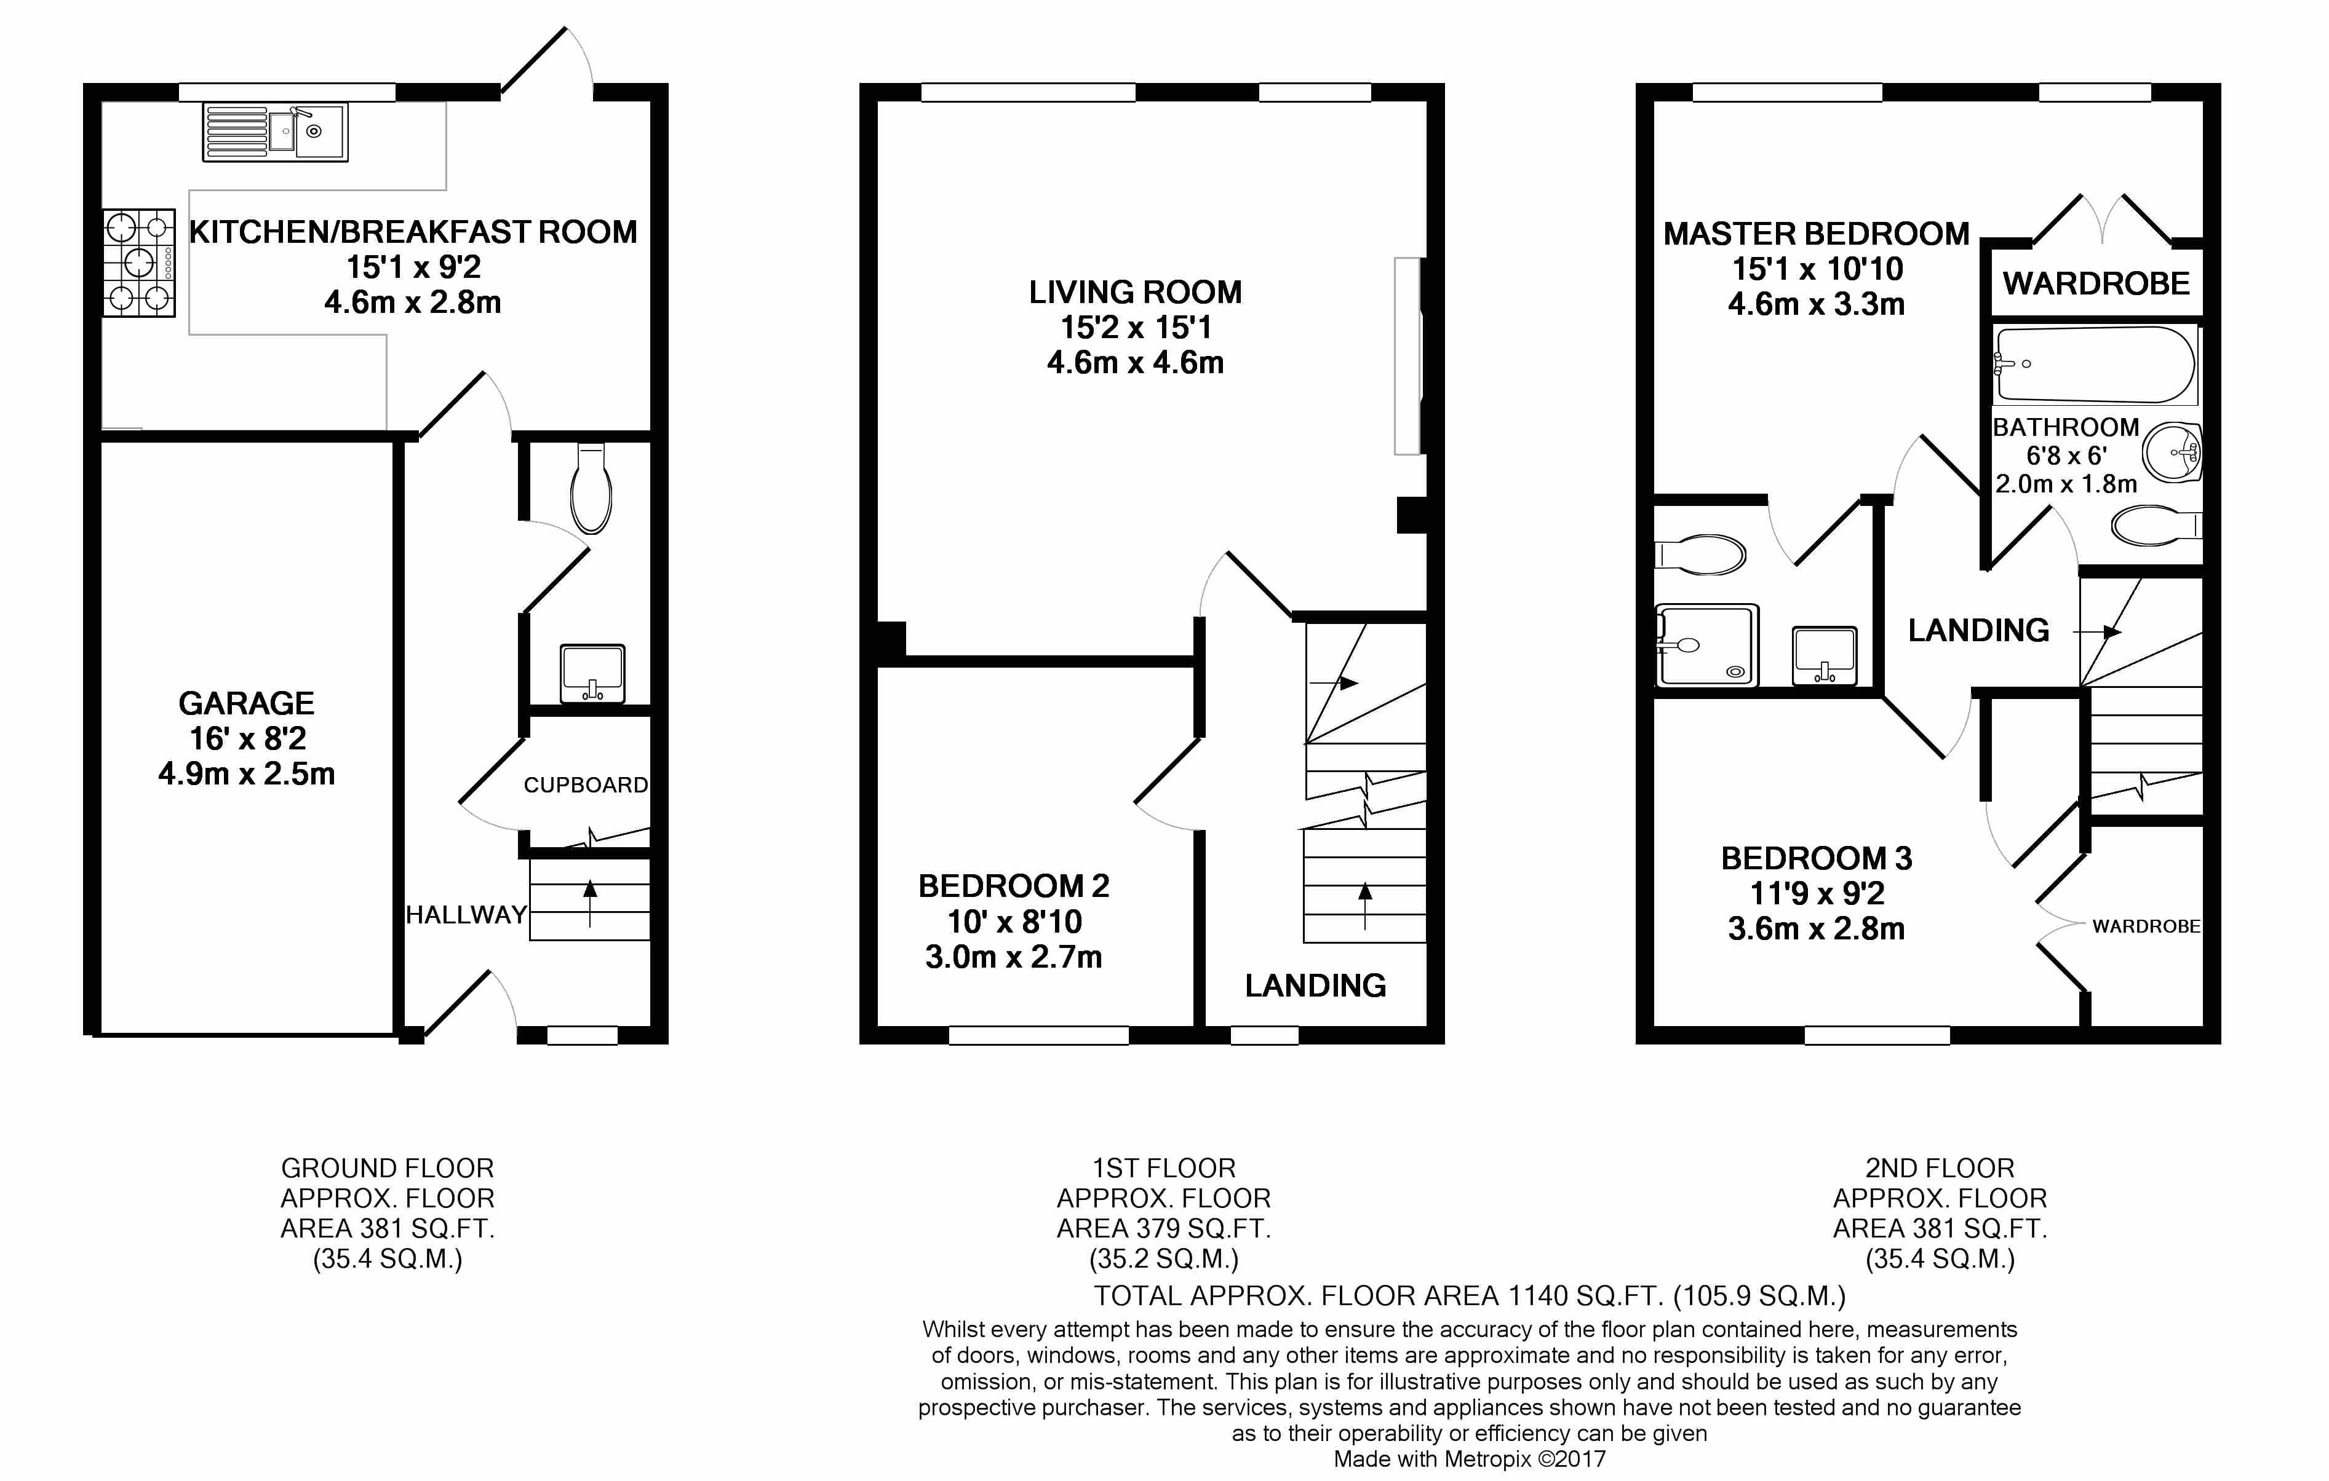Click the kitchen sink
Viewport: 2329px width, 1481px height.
[x=276, y=132]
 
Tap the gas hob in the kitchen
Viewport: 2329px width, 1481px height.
[x=139, y=263]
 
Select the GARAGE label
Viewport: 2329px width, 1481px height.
[x=247, y=703]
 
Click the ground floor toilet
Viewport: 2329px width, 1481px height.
[x=591, y=488]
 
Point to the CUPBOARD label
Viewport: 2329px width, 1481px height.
[x=586, y=785]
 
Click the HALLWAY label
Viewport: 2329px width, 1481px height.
[x=466, y=915]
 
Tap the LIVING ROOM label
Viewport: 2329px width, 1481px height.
[x=1136, y=292]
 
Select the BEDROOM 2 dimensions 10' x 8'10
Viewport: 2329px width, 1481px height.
[x=1014, y=922]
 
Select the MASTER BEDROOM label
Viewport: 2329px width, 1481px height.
[x=1817, y=234]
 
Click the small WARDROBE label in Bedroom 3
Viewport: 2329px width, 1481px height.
[x=2146, y=926]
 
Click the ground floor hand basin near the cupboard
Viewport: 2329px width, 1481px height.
[x=592, y=673]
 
